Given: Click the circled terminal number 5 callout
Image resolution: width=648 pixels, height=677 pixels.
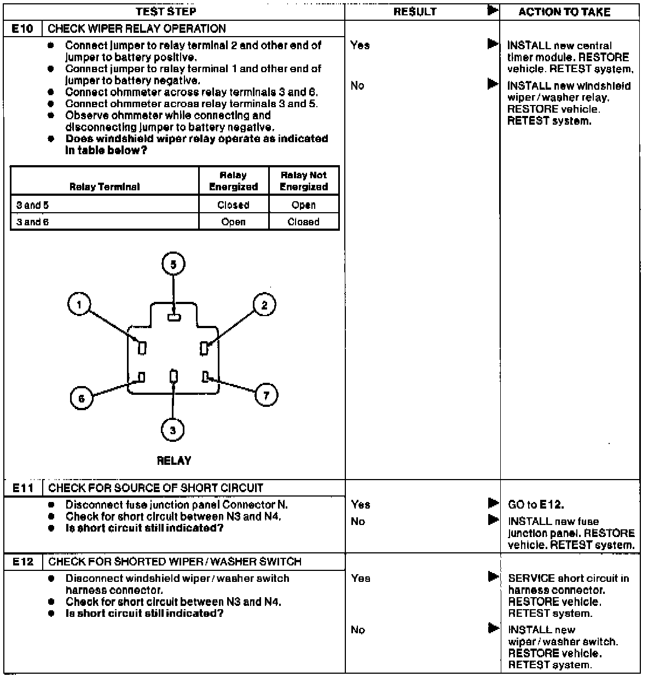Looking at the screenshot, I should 173,265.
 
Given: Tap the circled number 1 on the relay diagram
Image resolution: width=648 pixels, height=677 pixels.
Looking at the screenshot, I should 80,304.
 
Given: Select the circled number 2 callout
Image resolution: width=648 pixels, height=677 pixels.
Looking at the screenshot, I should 264,305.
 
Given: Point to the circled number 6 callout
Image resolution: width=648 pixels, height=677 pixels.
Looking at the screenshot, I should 82,398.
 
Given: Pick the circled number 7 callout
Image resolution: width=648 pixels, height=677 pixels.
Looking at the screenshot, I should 267,395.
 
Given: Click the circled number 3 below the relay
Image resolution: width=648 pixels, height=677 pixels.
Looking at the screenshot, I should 173,430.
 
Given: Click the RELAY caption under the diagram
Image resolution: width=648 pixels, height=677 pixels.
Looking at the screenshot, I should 174,460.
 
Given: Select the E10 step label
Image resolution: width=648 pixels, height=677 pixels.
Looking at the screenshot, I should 22,29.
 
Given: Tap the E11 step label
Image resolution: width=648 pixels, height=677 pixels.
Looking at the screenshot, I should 22,488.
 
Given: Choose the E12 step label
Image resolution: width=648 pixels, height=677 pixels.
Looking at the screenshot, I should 22,562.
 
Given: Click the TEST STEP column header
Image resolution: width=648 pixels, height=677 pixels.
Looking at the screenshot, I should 166,11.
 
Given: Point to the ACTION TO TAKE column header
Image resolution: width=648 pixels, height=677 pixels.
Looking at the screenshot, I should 564,12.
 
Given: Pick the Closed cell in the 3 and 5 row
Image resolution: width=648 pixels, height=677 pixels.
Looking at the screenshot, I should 233,205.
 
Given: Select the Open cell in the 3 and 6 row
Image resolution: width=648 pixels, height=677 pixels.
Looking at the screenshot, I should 233,221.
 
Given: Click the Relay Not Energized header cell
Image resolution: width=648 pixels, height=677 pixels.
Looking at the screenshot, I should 304,181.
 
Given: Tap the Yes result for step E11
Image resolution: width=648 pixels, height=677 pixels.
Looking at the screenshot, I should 361,505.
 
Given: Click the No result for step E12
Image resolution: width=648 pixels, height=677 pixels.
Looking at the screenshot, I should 358,630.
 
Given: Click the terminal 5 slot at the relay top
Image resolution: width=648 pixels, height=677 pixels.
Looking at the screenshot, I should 173,317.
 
